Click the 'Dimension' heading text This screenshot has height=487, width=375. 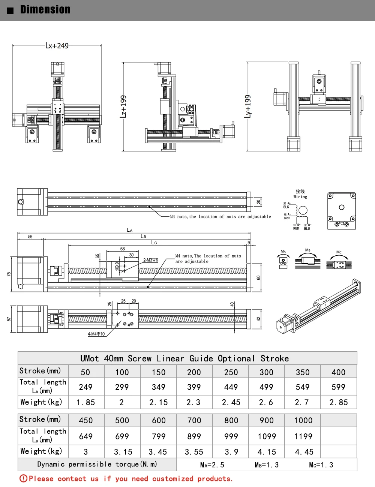coord(45,10)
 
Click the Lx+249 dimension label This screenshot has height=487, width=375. coord(57,46)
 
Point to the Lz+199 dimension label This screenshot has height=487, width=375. coord(123,106)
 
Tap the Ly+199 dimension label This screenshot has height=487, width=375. coord(247,106)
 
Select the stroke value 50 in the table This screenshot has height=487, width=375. coord(85,372)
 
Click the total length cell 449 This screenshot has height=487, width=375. coord(231,387)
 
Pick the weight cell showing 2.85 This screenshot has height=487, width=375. coord(339,402)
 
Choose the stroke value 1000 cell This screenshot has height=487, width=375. coord(303,420)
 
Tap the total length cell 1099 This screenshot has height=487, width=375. coord(267,436)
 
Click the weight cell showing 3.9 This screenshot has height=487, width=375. coord(231,452)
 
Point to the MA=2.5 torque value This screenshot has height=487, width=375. coord(212,465)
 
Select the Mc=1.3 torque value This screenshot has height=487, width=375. coord(321,465)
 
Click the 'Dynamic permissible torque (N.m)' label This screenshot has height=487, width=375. coord(97,464)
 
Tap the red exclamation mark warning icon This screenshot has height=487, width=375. coord(23,478)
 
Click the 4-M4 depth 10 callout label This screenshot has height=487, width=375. coord(96,334)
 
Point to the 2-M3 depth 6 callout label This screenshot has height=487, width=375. coord(151,260)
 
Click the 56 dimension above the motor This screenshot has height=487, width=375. coord(30,237)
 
